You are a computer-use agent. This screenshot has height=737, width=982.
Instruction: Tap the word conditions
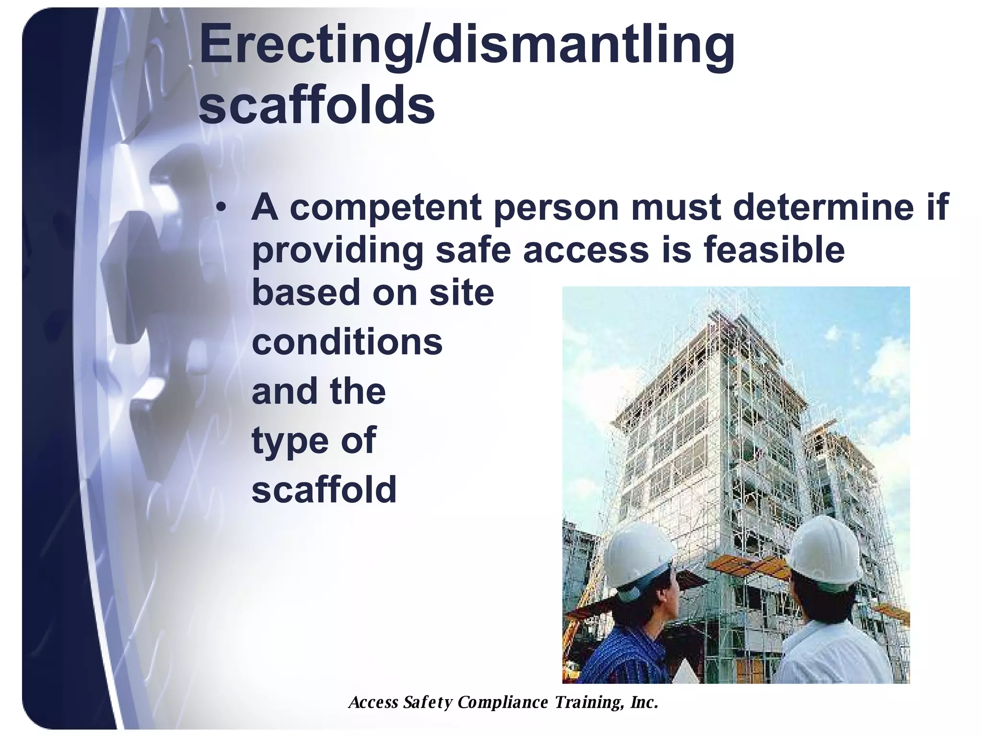pos(347,342)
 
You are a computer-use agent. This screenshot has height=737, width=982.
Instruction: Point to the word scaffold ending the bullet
pos(324,489)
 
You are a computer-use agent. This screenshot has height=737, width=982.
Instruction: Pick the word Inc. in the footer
pos(644,702)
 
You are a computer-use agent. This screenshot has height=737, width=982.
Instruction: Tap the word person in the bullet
pos(556,208)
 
